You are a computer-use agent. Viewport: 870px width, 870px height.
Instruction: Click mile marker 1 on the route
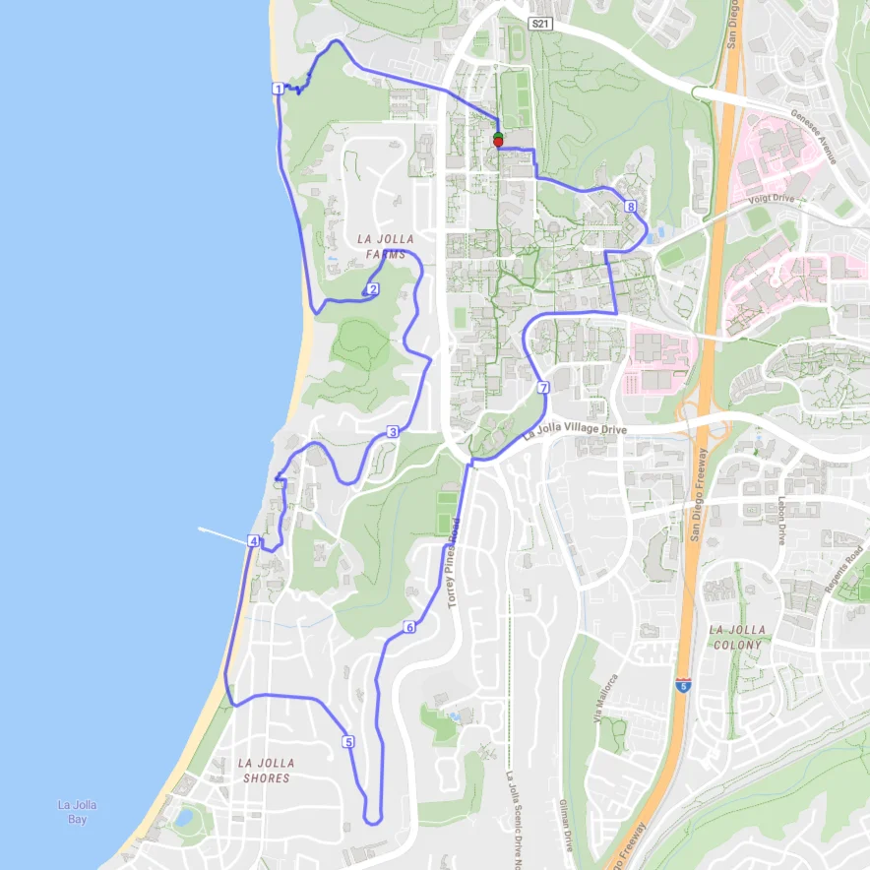pyautogui.click(x=279, y=90)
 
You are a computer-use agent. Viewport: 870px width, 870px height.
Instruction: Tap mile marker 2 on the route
pyautogui.click(x=373, y=288)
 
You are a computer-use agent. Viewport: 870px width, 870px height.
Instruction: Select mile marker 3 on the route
pyautogui.click(x=392, y=432)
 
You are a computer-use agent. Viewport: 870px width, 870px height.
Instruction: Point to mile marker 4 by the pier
pyautogui.click(x=253, y=541)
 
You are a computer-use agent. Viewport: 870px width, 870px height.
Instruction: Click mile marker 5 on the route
pyautogui.click(x=348, y=741)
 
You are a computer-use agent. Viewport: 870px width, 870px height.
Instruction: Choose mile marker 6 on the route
pyautogui.click(x=408, y=627)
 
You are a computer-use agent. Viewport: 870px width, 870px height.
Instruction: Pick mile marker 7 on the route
pyautogui.click(x=543, y=389)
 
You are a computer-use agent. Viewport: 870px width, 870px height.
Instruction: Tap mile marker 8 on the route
pyautogui.click(x=630, y=207)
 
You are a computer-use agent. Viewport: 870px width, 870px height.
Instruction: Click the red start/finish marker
pyautogui.click(x=498, y=143)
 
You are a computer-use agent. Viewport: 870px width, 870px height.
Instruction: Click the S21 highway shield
pyautogui.click(x=537, y=23)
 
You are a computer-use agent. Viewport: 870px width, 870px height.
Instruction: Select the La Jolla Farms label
pyautogui.click(x=385, y=246)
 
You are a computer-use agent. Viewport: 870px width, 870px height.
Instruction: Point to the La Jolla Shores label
pyautogui.click(x=266, y=770)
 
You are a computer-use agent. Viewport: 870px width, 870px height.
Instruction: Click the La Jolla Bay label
pyautogui.click(x=77, y=812)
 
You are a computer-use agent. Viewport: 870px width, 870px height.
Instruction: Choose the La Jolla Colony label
pyautogui.click(x=735, y=637)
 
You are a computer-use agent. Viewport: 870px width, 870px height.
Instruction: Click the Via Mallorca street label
pyautogui.click(x=604, y=698)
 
